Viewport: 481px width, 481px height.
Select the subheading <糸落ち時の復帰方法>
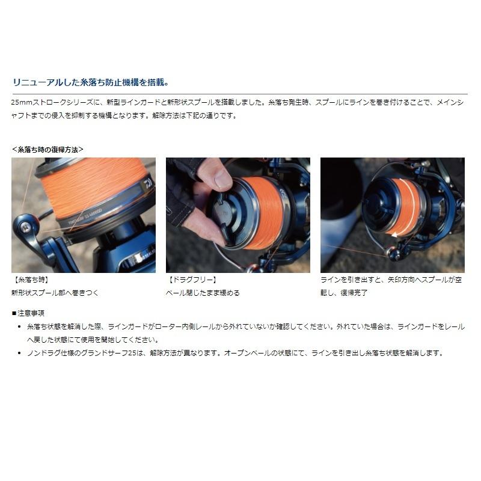coord(47,149)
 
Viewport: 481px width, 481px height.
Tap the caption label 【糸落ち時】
coord(29,281)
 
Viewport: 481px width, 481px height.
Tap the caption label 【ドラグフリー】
coord(191,281)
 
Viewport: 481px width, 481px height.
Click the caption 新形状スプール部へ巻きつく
coord(54,292)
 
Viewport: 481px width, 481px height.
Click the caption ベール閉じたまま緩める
coord(203,292)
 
